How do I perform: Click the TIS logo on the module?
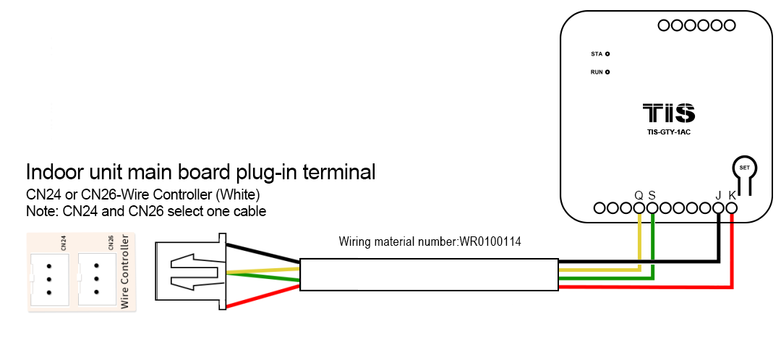coord(669,113)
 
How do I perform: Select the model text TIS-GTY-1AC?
coord(669,132)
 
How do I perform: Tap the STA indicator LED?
coord(607,54)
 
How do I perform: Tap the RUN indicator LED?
coord(607,72)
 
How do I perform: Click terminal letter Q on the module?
coord(639,195)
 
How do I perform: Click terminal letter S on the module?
coord(652,195)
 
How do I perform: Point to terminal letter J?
coord(718,195)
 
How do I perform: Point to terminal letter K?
coord(732,195)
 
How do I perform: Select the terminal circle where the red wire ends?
coord(732,208)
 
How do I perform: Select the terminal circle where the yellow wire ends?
coord(639,208)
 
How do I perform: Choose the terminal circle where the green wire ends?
coord(652,208)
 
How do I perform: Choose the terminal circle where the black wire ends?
coord(718,208)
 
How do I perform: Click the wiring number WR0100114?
coord(490,242)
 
